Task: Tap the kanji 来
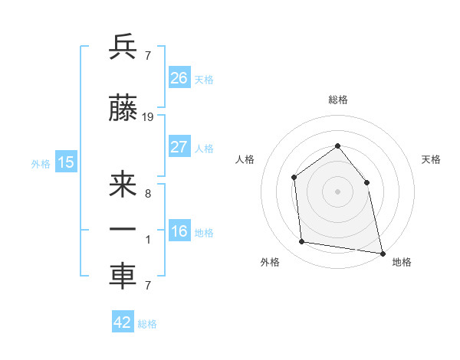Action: [123, 186]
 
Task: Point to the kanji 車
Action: [123, 277]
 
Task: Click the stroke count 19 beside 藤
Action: [148, 117]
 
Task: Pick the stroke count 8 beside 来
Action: [147, 193]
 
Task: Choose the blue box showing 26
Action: [179, 78]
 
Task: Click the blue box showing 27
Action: [179, 147]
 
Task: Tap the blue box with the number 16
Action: [179, 232]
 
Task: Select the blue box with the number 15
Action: [66, 162]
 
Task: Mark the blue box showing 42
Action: [123, 322]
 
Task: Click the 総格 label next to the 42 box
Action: [147, 324]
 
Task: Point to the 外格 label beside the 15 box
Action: [41, 163]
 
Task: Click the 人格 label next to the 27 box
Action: [204, 149]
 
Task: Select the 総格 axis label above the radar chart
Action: [337, 100]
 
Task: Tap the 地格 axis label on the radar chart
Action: [402, 263]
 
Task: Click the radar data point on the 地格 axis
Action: [382, 253]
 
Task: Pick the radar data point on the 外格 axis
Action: [302, 242]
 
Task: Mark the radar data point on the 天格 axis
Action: [366, 182]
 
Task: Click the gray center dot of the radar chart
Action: [337, 191]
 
